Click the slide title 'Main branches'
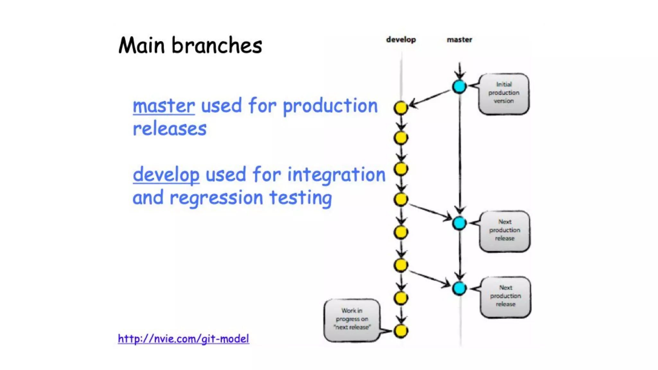(x=190, y=45)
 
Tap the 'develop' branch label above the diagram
(x=401, y=40)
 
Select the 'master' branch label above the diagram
(x=459, y=40)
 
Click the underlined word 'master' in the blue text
(x=164, y=106)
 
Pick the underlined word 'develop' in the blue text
(x=166, y=175)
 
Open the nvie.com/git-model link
(x=183, y=339)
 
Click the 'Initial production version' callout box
(x=503, y=93)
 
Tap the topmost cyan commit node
(x=459, y=86)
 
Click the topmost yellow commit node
(x=401, y=108)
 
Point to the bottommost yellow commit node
(x=401, y=331)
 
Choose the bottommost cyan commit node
(x=459, y=288)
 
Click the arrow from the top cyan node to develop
(x=430, y=98)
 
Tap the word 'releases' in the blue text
(x=170, y=129)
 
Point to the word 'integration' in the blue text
(x=336, y=175)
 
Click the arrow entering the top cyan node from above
(x=459, y=70)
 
